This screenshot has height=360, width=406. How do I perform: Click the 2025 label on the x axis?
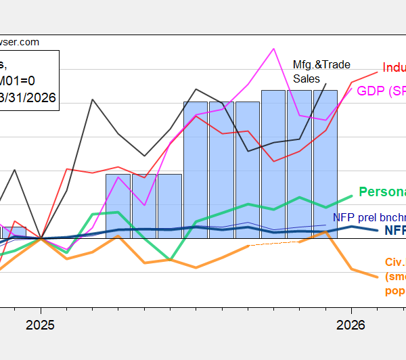pos(41,325)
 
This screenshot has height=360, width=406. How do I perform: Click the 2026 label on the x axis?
pos(352,325)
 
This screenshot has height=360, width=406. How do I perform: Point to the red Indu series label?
pos(393,68)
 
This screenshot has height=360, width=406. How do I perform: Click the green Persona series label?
pos(382,192)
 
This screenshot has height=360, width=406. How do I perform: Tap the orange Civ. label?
pos(394,263)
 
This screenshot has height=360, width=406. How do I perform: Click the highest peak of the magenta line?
pos(273,49)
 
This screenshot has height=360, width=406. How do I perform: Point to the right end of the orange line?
pos(378,277)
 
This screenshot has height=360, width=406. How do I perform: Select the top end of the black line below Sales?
pos(326,83)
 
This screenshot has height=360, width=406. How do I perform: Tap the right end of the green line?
pos(353,196)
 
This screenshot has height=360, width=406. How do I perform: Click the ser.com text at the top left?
pos(20,42)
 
